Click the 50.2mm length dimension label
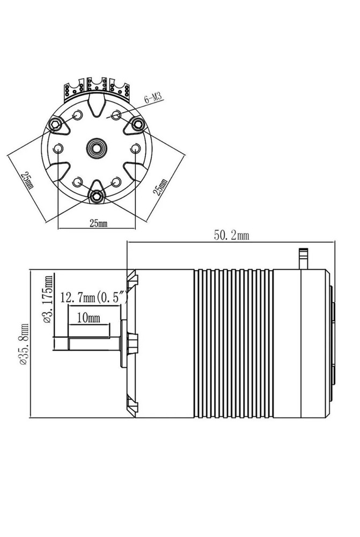231,235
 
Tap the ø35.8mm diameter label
25,344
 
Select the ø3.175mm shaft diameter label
49,299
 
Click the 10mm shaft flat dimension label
89,318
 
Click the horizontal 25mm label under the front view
98,223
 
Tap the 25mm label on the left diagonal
27,180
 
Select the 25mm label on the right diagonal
160,187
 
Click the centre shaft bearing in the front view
97,148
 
